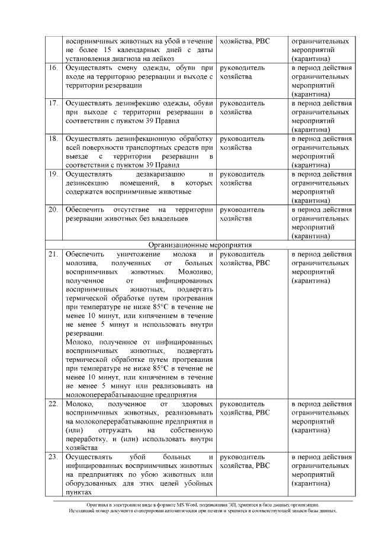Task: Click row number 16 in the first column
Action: coord(53,68)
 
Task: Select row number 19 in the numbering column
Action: coord(53,174)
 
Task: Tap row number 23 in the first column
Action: coord(53,457)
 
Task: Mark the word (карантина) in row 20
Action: coord(311,236)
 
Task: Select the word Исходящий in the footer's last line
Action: coord(80,510)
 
